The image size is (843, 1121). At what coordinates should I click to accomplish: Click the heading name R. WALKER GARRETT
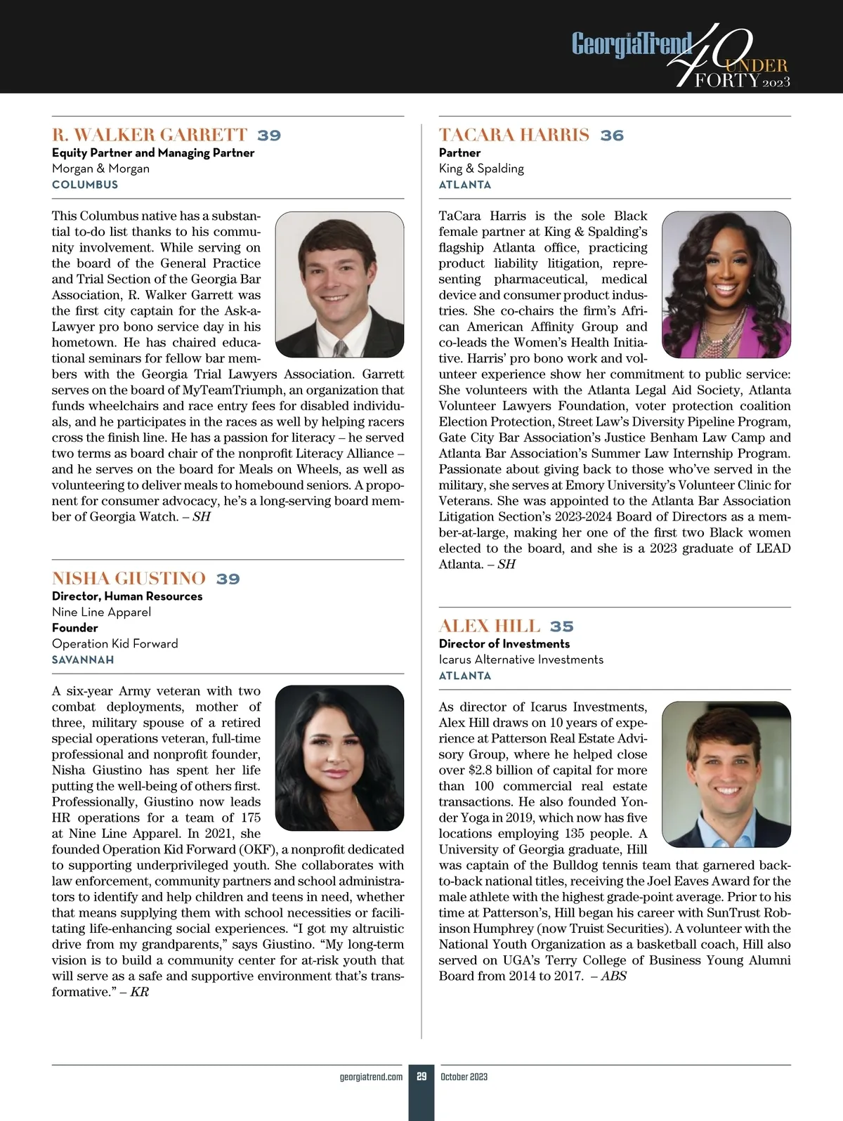coord(150,135)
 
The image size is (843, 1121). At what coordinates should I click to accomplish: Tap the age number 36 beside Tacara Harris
coord(612,136)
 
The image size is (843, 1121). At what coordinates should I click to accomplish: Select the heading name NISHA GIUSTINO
coord(129,579)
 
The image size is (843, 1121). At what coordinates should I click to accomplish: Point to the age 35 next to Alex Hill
coord(561,627)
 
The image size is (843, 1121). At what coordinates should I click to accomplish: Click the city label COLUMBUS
coord(85,185)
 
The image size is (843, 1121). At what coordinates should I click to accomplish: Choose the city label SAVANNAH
coord(83,660)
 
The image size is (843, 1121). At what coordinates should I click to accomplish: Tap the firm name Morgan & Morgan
coord(100,169)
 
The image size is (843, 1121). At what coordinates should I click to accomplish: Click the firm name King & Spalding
coord(481,169)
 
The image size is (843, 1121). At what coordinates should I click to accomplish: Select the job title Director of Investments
coord(504,644)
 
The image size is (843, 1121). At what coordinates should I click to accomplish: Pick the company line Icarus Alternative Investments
coord(521,660)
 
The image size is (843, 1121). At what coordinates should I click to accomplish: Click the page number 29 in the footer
coord(421,1077)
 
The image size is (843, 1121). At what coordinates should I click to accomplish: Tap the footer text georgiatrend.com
coord(371,1077)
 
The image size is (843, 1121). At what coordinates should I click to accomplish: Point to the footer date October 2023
coord(464,1077)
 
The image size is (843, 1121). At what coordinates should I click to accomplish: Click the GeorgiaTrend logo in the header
coord(631,44)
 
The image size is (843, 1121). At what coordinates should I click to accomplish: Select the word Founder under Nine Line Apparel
coord(74,628)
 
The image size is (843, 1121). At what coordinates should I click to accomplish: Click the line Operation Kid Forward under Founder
coord(115,644)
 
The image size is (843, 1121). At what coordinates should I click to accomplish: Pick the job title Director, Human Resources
coord(127,596)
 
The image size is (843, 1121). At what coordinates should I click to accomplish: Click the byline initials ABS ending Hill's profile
coord(613,976)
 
